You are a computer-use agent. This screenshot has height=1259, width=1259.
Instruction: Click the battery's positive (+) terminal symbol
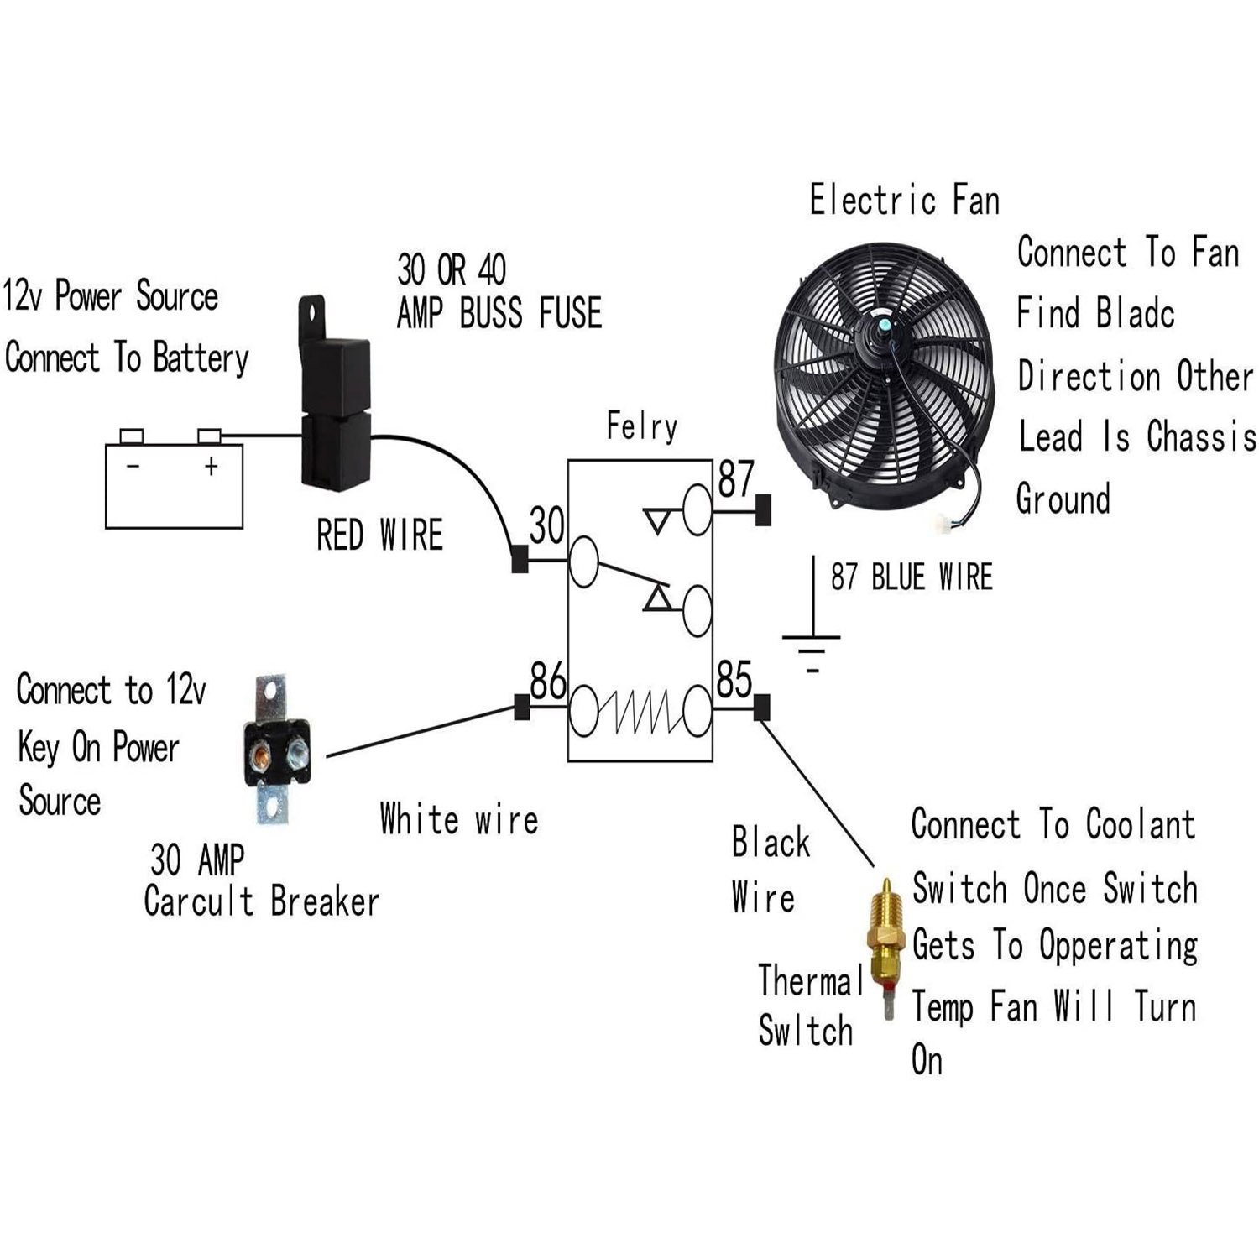pos(211,466)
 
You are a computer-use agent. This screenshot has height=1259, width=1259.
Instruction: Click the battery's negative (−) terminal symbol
pos(133,466)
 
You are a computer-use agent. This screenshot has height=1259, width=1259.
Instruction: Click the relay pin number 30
pos(546,526)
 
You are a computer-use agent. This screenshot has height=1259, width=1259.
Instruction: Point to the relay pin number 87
pos(736,479)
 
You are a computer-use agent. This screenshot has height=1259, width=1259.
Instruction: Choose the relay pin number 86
pos(548,680)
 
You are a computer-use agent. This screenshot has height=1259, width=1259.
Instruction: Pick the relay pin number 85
pos(734,680)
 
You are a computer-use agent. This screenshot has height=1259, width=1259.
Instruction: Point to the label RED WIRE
pos(379,535)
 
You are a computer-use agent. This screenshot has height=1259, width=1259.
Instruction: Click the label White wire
pos(458,818)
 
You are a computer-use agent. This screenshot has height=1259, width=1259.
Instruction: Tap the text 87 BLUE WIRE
pos(912,577)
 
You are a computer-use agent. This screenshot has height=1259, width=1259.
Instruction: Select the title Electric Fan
pos(904,201)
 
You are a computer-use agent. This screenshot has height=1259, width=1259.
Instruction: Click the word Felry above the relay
pos(641,426)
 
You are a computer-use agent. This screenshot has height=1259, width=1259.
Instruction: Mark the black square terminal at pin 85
pos(761,708)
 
